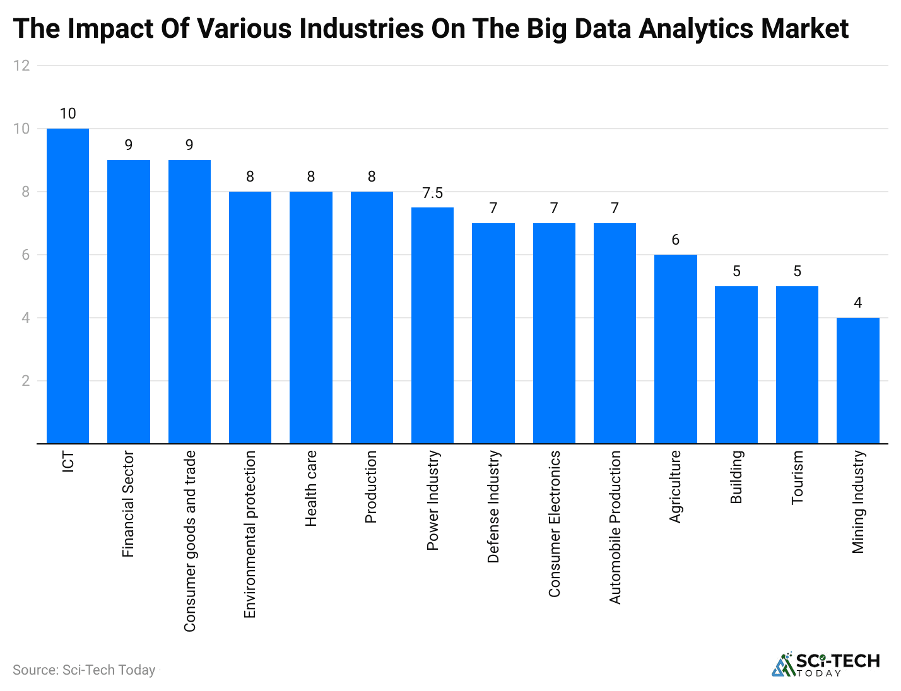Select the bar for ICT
(x=68, y=286)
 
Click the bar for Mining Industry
(x=857, y=381)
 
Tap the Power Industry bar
(x=432, y=325)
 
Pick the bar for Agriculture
(x=675, y=349)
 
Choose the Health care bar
(x=310, y=318)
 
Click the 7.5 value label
(x=432, y=193)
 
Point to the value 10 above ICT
(x=68, y=113)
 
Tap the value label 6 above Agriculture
(x=675, y=240)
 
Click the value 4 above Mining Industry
(x=857, y=303)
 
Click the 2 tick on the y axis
(x=25, y=381)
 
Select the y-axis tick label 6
(x=25, y=255)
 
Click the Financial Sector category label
(x=128, y=504)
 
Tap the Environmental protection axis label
(x=250, y=534)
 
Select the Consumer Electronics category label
(x=554, y=523)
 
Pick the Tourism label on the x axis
(x=797, y=477)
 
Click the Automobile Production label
(x=615, y=527)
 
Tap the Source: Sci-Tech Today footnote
(x=84, y=670)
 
